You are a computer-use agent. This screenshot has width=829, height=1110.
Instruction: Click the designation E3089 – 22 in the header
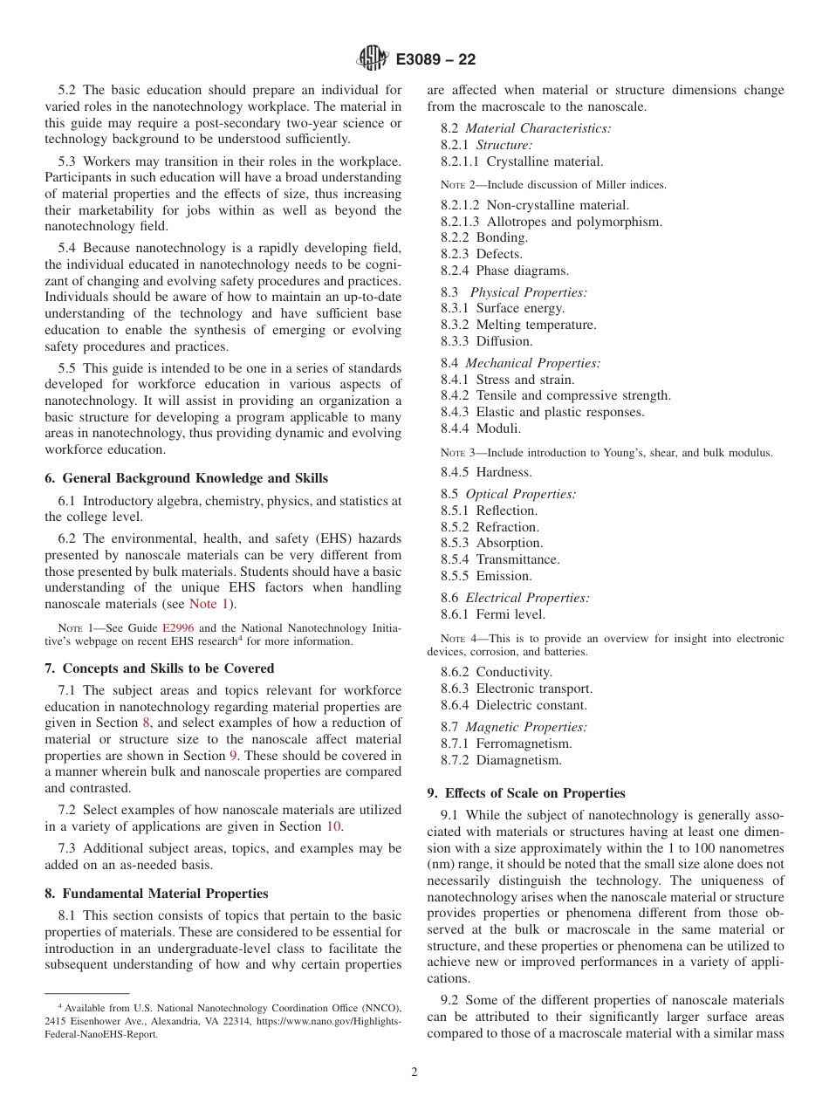(x=435, y=60)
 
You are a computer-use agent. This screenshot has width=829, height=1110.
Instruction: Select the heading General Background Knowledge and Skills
(x=186, y=478)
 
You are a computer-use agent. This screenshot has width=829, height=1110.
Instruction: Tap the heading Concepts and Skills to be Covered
(x=159, y=668)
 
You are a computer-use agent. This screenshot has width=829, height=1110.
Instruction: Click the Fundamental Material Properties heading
(x=156, y=894)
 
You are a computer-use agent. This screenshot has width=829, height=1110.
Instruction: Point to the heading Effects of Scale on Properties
(x=525, y=793)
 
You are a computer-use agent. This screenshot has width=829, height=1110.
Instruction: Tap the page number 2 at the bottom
(x=414, y=1072)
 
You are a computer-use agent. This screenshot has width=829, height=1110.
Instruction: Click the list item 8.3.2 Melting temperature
(x=518, y=325)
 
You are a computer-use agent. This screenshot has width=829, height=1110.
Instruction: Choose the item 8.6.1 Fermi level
(x=493, y=614)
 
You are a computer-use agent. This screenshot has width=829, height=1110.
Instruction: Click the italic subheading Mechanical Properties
(x=532, y=363)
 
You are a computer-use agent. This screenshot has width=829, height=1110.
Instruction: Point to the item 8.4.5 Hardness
(x=486, y=472)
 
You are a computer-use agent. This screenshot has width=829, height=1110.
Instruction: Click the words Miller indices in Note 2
(x=634, y=184)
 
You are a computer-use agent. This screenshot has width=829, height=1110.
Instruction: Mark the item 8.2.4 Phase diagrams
(x=504, y=271)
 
